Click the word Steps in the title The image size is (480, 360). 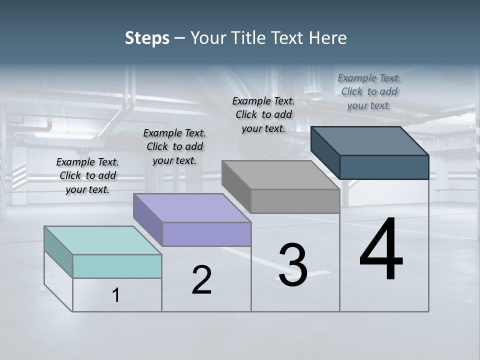[x=147, y=38]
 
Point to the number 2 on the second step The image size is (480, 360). [x=201, y=280]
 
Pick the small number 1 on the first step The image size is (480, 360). [x=116, y=295]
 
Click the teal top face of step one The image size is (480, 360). [x=103, y=240]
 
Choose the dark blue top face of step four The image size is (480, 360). [x=370, y=140]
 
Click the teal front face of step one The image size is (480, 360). [x=117, y=266]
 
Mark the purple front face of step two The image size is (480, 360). [x=206, y=234]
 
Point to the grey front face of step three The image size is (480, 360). [x=295, y=201]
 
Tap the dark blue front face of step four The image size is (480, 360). [x=384, y=167]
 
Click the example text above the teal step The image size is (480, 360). [x=87, y=175]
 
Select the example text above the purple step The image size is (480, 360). [x=174, y=146]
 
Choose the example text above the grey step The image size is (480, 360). [x=263, y=114]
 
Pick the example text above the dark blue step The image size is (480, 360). [x=369, y=91]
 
